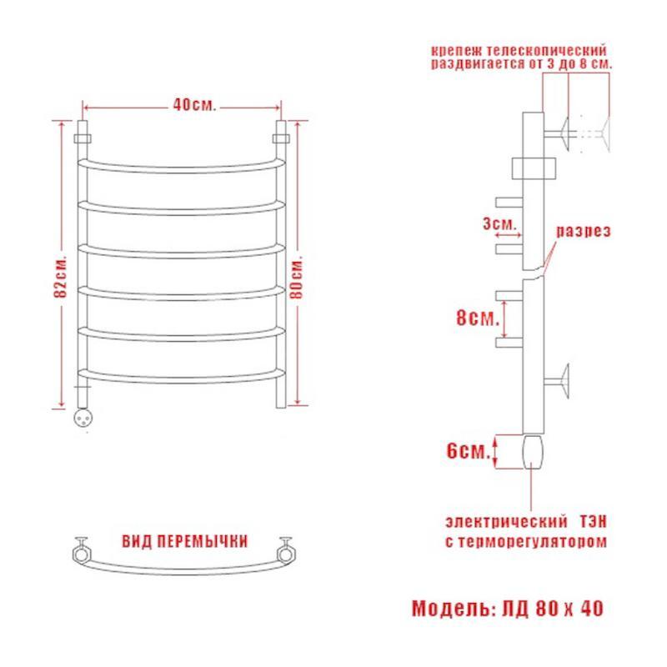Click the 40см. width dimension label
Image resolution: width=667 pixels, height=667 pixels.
[x=194, y=105]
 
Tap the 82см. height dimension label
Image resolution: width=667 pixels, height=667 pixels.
[x=61, y=276]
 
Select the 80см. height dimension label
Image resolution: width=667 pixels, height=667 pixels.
[x=297, y=277]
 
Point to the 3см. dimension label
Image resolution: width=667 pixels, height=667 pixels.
[x=499, y=223]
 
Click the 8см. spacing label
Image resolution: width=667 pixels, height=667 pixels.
[x=478, y=318]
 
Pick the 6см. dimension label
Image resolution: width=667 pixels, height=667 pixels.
[x=469, y=450]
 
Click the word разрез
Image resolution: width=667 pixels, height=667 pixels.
[x=584, y=231]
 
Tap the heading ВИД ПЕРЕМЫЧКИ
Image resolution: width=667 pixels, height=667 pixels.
[x=184, y=541]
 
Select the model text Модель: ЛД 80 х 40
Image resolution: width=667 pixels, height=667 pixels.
[x=508, y=609]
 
